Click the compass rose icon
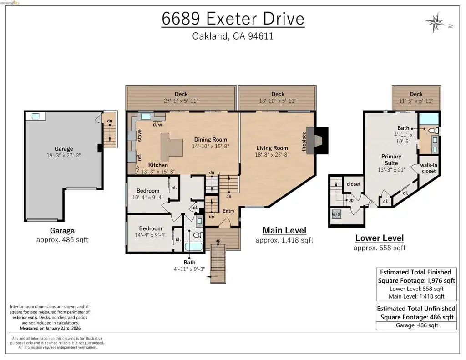coord(436,22)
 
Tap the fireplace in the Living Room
coord(317,140)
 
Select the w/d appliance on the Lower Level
coord(336,214)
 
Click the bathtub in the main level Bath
coord(193,247)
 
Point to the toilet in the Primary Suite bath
coord(433,131)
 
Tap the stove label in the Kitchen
coord(139,136)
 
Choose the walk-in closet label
coord(429,168)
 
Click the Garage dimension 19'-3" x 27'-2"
coord(64,155)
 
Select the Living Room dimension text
coord(272,155)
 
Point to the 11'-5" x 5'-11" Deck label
coord(416,101)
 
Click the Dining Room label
coord(210,139)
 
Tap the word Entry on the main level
coord(228,211)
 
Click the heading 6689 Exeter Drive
coord(233,19)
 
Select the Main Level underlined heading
coord(284,230)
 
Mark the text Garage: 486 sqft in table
coord(417,325)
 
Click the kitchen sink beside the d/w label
coord(146,117)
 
